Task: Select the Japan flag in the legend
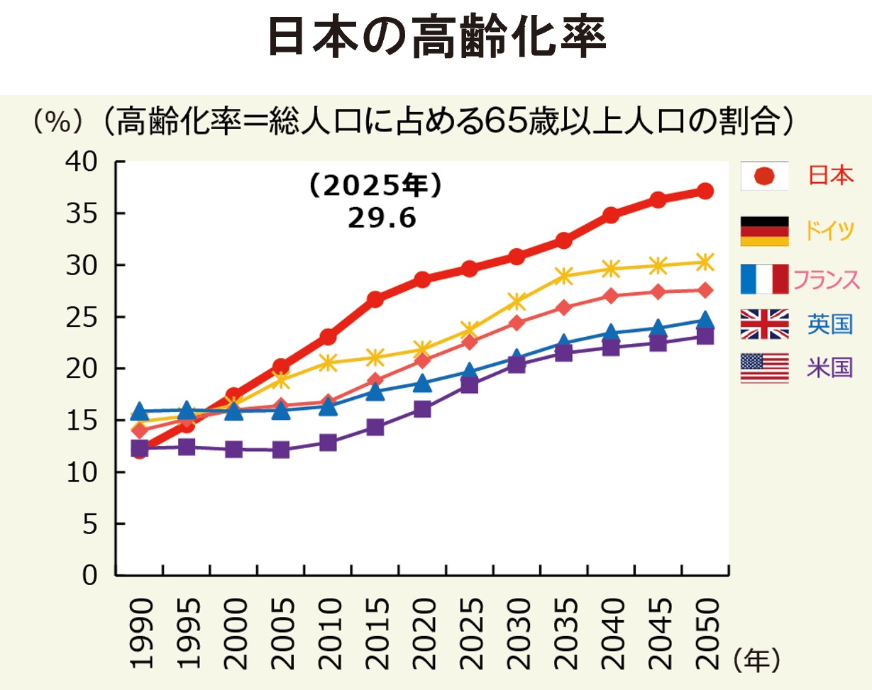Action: tap(764, 175)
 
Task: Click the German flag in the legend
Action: tap(764, 230)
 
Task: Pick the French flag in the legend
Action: tap(764, 279)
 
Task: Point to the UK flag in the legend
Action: tap(764, 324)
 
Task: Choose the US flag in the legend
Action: tap(764, 368)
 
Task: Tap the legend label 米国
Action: tap(829, 368)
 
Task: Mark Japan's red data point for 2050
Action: tap(705, 191)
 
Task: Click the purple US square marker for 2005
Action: tap(281, 450)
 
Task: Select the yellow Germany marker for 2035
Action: tap(564, 275)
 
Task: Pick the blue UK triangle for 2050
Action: tap(705, 321)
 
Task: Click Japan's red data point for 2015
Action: tap(375, 299)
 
